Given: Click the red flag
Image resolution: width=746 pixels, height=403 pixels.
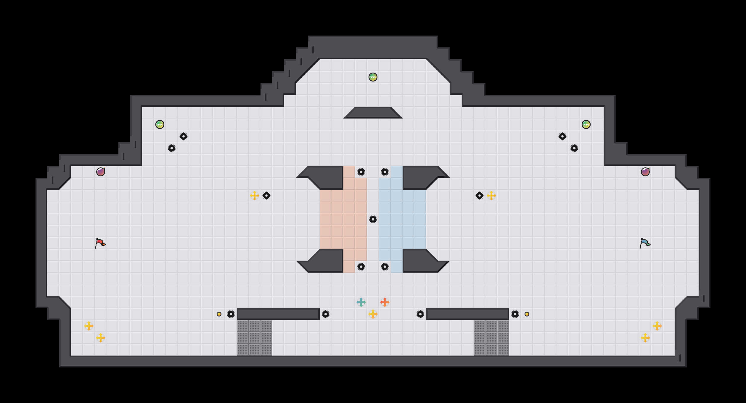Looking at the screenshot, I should click(x=100, y=243).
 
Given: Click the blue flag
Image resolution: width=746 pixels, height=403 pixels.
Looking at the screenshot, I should click(x=645, y=243).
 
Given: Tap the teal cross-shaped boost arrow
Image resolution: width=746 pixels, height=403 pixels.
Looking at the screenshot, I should click(x=361, y=302).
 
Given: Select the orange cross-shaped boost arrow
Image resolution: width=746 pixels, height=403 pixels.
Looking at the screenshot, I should click(x=385, y=302).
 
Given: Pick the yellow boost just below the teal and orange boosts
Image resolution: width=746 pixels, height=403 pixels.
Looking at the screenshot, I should click(x=373, y=314).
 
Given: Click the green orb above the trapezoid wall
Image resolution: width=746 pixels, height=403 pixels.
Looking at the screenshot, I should click(x=373, y=77).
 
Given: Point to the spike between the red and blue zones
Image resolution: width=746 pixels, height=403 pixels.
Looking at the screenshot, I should click(x=373, y=219).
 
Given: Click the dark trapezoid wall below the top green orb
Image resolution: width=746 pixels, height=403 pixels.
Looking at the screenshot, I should click(x=373, y=113).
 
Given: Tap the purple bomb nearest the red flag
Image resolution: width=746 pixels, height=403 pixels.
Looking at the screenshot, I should click(x=101, y=172).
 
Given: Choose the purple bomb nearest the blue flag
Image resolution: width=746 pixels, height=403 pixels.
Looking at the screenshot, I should click(x=645, y=172).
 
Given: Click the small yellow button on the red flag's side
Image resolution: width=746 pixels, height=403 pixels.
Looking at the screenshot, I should click(x=219, y=314).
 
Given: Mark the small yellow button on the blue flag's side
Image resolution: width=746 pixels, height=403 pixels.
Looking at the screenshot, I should click(x=527, y=314).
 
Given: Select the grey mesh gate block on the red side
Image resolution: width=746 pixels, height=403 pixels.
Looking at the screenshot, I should click(x=255, y=338).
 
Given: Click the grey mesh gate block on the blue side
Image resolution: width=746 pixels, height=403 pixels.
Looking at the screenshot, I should click(x=491, y=338).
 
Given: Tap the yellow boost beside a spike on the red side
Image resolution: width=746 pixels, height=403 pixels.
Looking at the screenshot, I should click(x=255, y=196).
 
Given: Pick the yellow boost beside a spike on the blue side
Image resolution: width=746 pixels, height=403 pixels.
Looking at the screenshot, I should click(x=491, y=196).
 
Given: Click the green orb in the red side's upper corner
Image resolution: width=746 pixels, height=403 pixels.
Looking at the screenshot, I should click(x=160, y=124).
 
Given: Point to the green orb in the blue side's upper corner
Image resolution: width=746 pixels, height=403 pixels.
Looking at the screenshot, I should click(x=586, y=124).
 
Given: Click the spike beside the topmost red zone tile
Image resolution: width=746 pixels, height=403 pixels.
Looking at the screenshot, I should click(x=361, y=172).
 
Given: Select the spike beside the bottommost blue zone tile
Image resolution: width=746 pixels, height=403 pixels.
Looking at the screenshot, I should click(x=385, y=267).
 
